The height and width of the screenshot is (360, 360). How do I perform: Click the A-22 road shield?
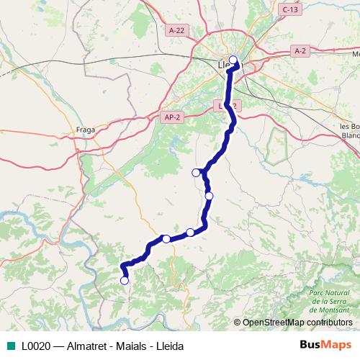pos(175,30)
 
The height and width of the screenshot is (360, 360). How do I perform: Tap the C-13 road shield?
pos(290,9)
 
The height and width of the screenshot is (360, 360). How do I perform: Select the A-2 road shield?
pos(301,50)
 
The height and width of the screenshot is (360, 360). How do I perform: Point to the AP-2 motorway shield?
pos(171,117)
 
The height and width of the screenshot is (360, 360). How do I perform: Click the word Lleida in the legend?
pos(170,346)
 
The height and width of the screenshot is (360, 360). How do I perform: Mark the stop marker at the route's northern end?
pos(233,60)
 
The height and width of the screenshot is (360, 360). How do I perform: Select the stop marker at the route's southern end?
pos(125,281)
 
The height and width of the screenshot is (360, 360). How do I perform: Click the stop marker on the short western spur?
pos(196,172)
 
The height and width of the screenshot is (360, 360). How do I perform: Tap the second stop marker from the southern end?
pos(166,239)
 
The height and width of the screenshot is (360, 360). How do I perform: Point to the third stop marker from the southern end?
pos(190,232)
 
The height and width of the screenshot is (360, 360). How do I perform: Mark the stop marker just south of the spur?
pos(210,195)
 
